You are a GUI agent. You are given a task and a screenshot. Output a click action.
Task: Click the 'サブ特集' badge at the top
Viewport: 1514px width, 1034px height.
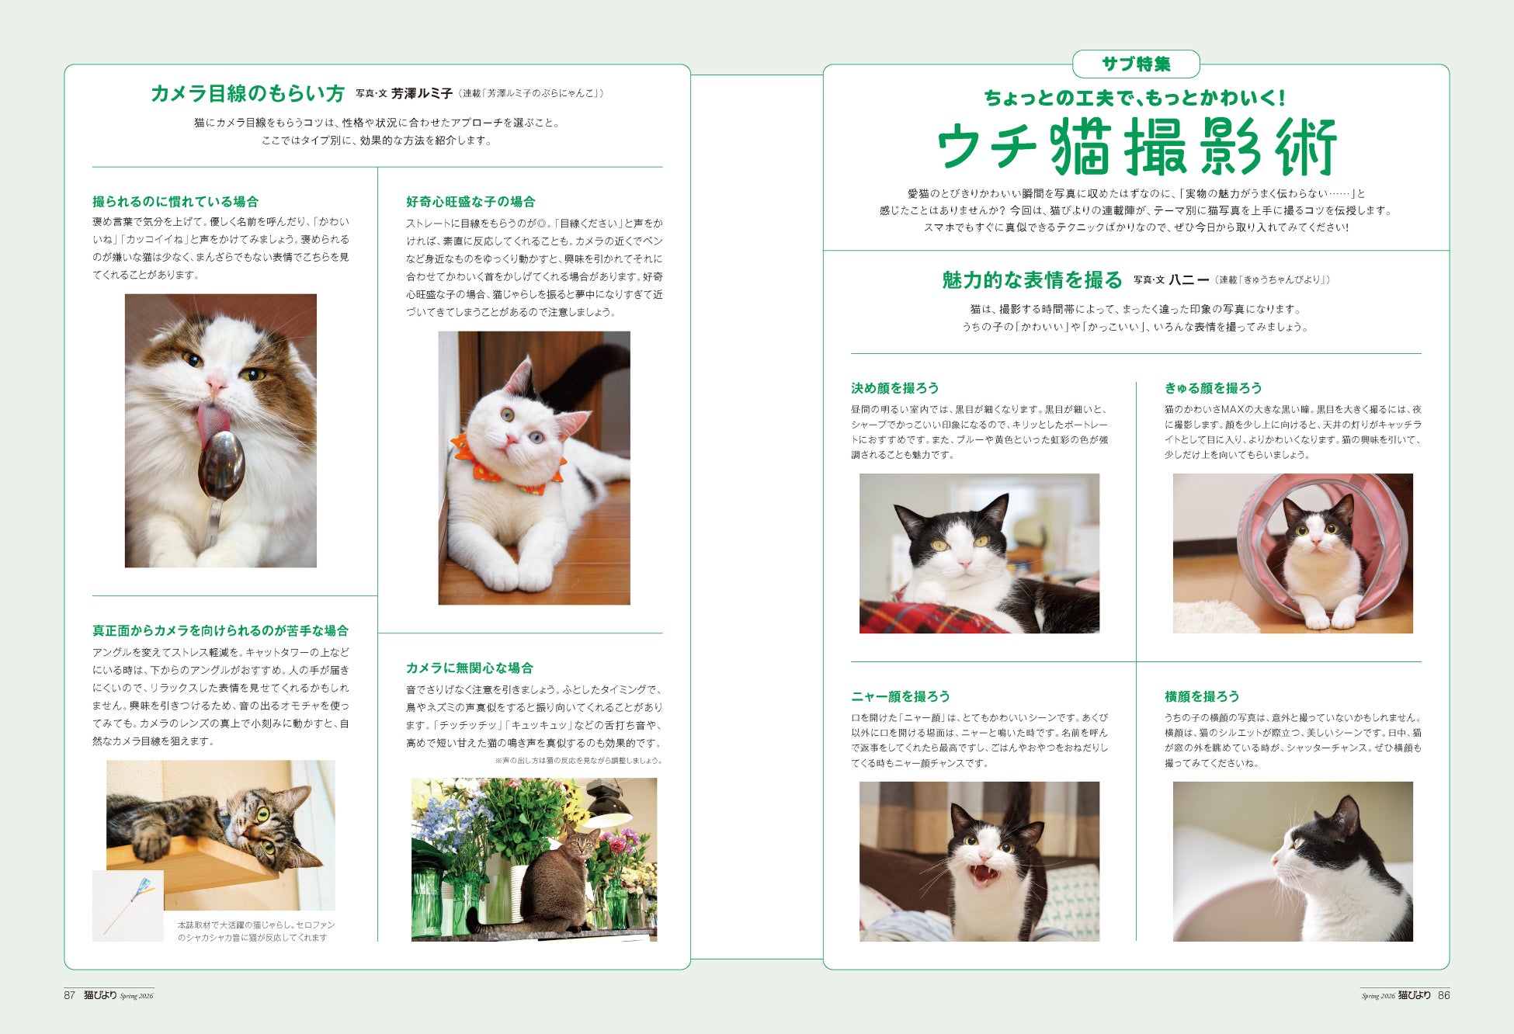pos(1136,64)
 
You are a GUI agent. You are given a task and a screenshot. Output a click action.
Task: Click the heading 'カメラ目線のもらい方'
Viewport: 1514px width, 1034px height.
pos(248,94)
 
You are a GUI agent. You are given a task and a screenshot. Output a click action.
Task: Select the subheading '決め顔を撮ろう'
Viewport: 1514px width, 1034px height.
pos(894,388)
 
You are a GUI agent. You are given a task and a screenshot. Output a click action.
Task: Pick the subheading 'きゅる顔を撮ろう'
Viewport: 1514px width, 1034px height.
pos(1213,388)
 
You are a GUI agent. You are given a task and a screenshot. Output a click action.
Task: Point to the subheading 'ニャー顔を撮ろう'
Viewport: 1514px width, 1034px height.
pos(900,696)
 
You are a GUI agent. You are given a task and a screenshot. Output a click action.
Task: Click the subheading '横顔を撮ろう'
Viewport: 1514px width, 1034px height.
pos(1201,696)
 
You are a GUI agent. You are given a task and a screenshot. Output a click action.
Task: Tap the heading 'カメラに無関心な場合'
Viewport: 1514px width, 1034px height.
pos(469,668)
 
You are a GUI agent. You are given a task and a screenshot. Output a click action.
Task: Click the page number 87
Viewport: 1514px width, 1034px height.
pos(69,995)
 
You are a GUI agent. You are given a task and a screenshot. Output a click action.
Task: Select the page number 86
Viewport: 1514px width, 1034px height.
pos(1443,995)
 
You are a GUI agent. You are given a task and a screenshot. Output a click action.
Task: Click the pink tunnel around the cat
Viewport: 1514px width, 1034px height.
pos(1320,543)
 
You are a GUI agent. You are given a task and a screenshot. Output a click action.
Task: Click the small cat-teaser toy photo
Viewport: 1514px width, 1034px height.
pos(128,906)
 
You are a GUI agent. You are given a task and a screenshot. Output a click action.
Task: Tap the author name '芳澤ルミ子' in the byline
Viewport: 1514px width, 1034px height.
pos(422,94)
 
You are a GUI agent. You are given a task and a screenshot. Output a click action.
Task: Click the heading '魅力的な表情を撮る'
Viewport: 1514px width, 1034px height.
pos(1032,280)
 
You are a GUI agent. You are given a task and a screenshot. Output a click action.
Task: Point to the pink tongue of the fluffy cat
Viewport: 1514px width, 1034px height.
pos(211,423)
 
